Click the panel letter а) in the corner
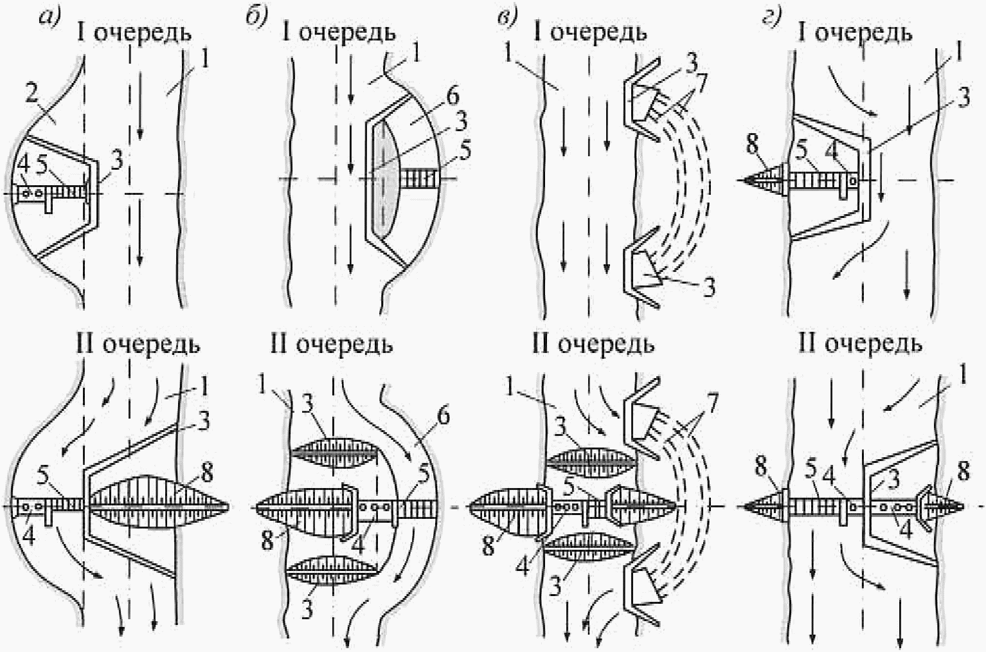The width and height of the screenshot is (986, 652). (x=49, y=17)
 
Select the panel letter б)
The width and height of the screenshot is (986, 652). (x=256, y=18)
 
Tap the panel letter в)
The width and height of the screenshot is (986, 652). (x=508, y=18)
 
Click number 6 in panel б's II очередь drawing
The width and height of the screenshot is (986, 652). (x=442, y=415)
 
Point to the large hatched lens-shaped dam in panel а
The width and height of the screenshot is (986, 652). (x=159, y=506)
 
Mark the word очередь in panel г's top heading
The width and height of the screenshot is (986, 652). (x=863, y=33)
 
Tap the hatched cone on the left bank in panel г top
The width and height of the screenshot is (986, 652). (x=764, y=179)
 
